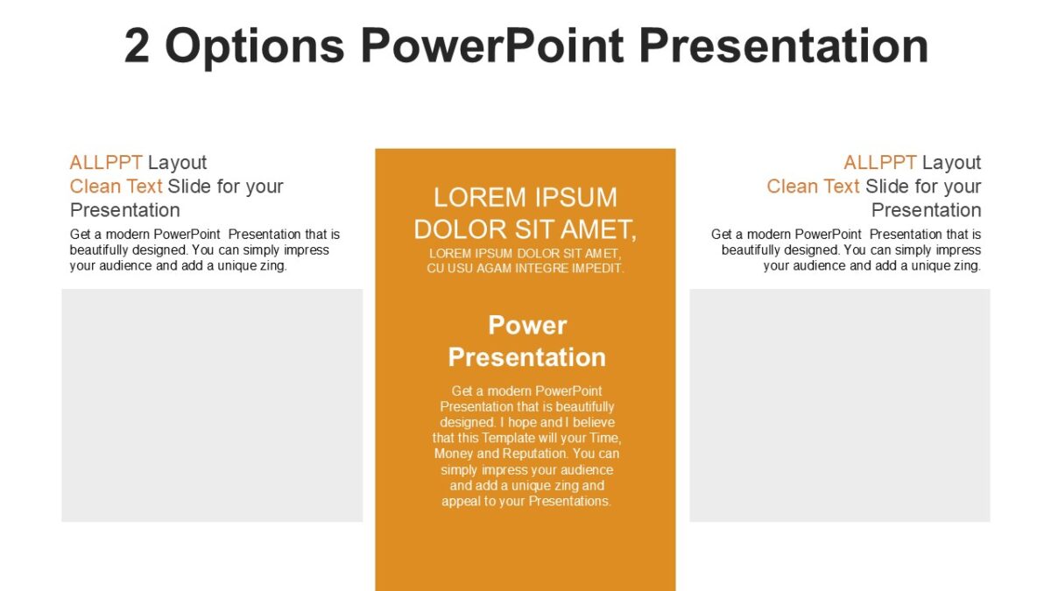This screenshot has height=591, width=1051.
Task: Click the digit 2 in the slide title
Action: tap(138, 46)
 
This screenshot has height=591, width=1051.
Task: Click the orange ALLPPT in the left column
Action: tap(106, 163)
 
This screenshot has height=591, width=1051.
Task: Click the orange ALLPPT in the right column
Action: tap(879, 163)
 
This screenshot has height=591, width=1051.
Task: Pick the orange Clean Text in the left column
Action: tap(116, 186)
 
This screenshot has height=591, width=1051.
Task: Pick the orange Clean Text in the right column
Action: tap(813, 186)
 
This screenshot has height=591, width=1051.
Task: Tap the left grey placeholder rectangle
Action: tap(212, 405)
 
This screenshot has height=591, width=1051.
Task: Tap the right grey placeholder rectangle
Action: tap(840, 405)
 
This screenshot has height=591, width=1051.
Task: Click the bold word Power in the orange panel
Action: tap(527, 326)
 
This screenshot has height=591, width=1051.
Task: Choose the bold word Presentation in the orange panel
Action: tap(527, 357)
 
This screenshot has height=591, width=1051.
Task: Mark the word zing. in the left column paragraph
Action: tap(272, 266)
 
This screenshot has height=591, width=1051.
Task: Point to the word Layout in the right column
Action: tap(951, 163)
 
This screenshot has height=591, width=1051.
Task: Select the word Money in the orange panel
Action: tap(454, 454)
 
